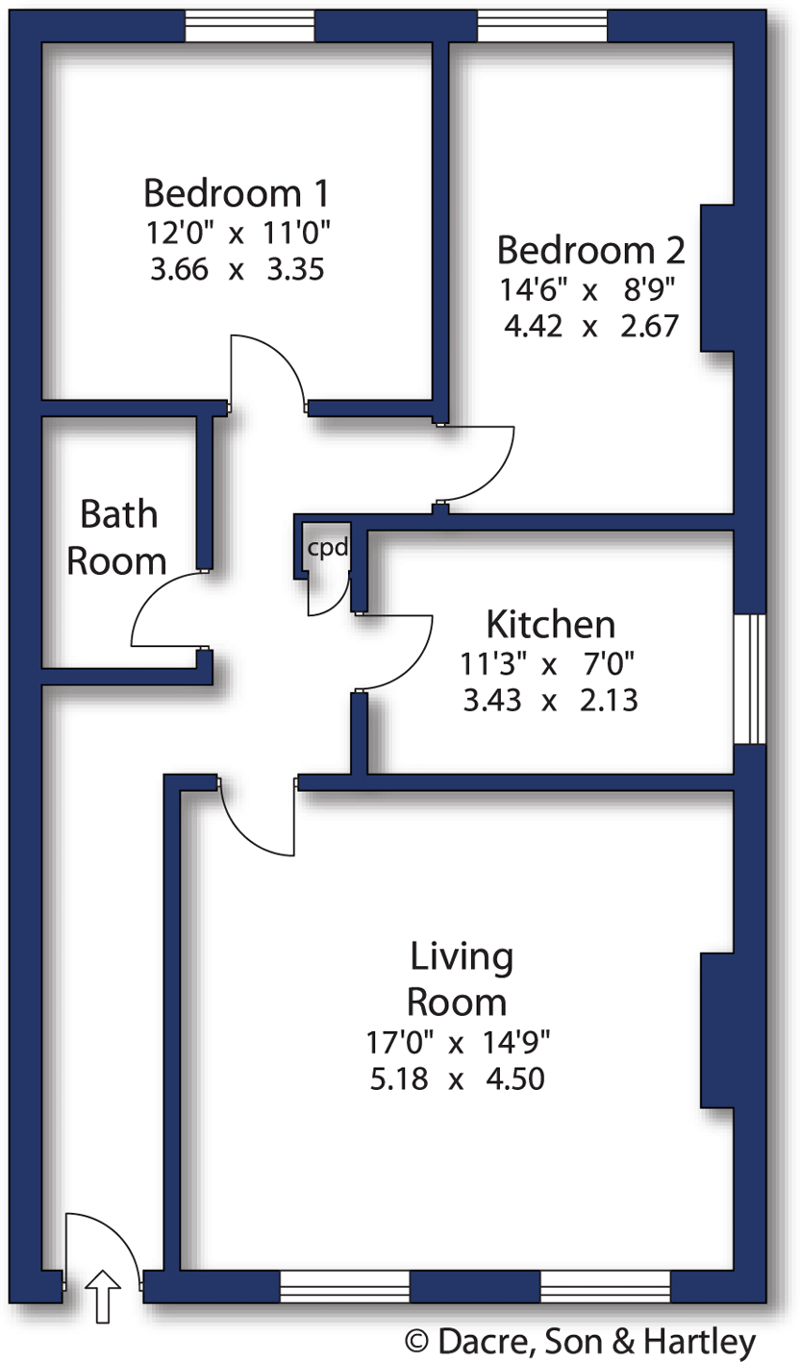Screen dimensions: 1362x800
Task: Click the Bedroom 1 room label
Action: pyautogui.click(x=236, y=193)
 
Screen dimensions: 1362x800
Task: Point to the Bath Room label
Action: pyautogui.click(x=117, y=536)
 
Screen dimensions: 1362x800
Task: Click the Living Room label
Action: pyautogui.click(x=458, y=979)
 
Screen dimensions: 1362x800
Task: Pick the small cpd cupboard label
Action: pyautogui.click(x=326, y=549)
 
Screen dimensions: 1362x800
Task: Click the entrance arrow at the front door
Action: pyautogui.click(x=104, y=1294)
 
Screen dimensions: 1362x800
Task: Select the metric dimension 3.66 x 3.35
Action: pyautogui.click(x=236, y=270)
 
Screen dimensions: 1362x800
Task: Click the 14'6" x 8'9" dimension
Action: pyautogui.click(x=590, y=287)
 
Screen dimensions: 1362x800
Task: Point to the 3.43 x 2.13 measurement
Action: pyautogui.click(x=550, y=701)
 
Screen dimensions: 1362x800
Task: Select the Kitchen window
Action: pyautogui.click(x=749, y=678)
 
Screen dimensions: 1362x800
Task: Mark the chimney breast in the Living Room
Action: pyautogui.click(x=717, y=1030)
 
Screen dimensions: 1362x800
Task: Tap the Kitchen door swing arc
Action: pyautogui.click(x=404, y=654)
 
